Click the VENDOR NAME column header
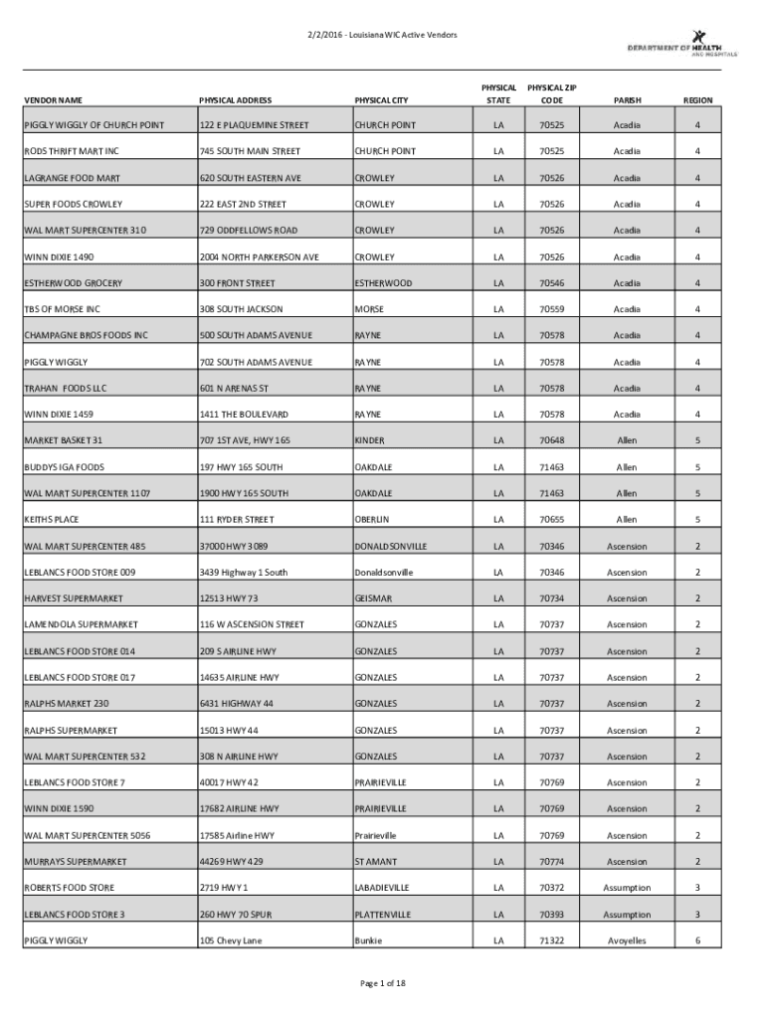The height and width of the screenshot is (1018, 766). tap(54, 100)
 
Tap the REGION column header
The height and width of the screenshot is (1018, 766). tap(697, 100)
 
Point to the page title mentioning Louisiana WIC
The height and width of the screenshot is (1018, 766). tap(382, 35)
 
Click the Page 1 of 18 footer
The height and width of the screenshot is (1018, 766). tap(382, 983)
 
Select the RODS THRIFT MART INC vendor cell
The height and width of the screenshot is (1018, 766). tap(71, 151)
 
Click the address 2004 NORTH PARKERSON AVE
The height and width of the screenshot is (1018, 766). tap(259, 256)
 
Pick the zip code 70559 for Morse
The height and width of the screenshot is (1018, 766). tap(551, 309)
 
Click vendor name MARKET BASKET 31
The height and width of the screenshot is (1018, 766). tap(64, 440)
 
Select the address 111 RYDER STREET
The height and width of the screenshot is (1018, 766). tap(236, 519)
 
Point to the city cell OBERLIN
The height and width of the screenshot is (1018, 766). tap(372, 519)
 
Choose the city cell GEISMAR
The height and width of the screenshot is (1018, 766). tap(373, 598)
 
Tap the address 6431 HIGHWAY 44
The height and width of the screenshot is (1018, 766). tap(237, 704)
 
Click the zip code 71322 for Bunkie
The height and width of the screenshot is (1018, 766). tap(551, 940)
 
